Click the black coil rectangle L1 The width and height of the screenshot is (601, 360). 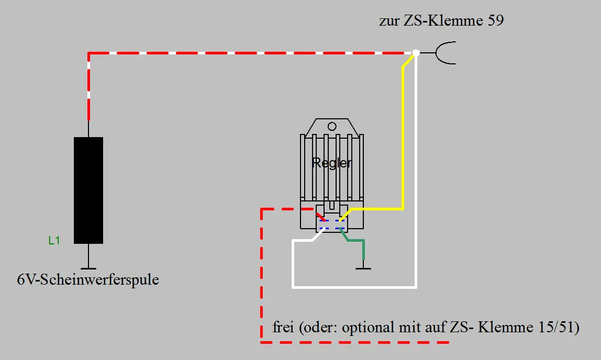point(88,190)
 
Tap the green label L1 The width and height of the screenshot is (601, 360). point(54,241)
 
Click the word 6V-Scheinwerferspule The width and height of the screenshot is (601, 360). point(88,280)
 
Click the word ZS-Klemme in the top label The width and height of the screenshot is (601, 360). point(439,22)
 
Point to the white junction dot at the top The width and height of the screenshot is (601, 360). point(416,53)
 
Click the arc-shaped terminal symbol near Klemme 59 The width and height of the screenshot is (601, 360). point(445,53)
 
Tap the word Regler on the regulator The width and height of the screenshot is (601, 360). point(332,163)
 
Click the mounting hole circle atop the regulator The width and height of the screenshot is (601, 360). point(332,127)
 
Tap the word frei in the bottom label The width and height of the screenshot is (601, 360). point(284,328)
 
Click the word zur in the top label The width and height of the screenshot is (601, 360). point(388,22)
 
